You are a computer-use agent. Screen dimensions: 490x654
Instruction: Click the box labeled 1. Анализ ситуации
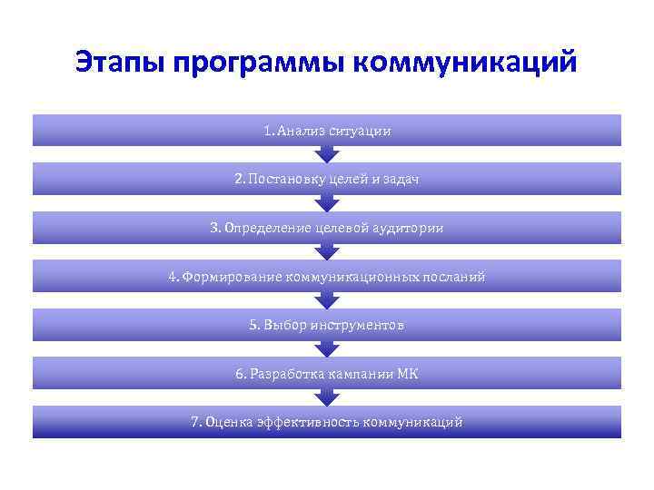click(327, 131)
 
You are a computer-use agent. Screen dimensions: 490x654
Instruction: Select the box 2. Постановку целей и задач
click(327, 180)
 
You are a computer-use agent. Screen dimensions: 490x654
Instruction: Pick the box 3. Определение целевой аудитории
click(327, 228)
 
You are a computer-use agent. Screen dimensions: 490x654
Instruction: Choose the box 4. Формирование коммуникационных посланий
click(327, 276)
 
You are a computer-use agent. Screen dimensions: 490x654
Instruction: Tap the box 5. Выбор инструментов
click(327, 325)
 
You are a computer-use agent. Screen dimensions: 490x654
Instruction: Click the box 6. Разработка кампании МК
click(327, 373)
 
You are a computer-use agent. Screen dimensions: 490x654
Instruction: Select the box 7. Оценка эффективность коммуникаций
click(327, 422)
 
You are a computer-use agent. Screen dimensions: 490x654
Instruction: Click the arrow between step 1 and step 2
click(327, 154)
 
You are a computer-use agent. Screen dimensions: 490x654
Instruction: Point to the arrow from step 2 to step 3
click(327, 203)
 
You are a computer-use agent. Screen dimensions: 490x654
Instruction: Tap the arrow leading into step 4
click(327, 251)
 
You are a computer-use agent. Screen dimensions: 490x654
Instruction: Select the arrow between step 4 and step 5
click(327, 300)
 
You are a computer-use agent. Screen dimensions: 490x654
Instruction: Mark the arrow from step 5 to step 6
click(327, 348)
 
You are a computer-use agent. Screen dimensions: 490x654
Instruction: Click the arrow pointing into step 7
click(327, 397)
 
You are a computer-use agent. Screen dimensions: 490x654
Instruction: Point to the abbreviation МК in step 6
click(408, 373)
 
